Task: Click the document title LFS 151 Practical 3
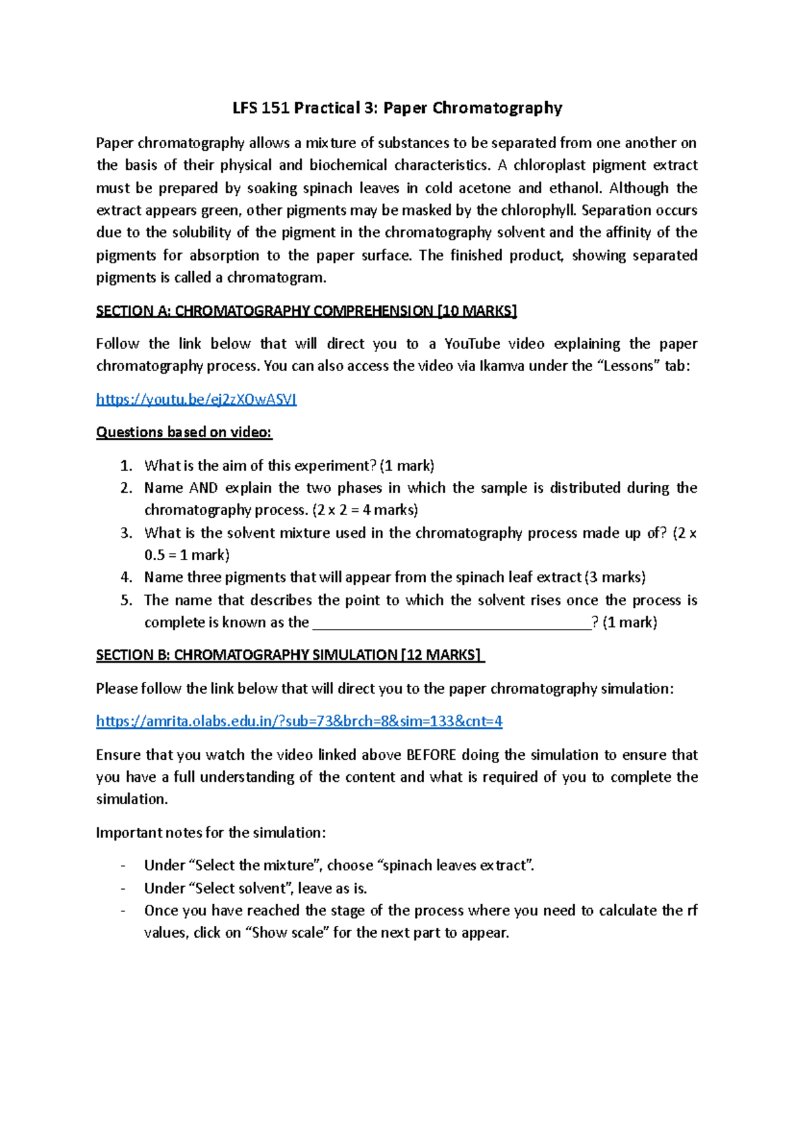[x=397, y=108]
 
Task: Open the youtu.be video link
[x=196, y=399]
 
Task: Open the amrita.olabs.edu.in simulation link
[x=299, y=721]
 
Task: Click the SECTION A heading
[x=306, y=311]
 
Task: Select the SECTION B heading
[x=290, y=655]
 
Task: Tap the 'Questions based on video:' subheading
[x=184, y=432]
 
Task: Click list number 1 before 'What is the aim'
[x=126, y=466]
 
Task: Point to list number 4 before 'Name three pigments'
[x=126, y=577]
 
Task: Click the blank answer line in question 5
[x=451, y=623]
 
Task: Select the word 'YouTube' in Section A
[x=472, y=344]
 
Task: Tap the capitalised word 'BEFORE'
[x=431, y=755]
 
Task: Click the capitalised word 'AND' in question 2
[x=203, y=488]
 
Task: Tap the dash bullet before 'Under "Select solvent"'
[x=122, y=888]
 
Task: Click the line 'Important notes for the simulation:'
[x=210, y=832]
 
